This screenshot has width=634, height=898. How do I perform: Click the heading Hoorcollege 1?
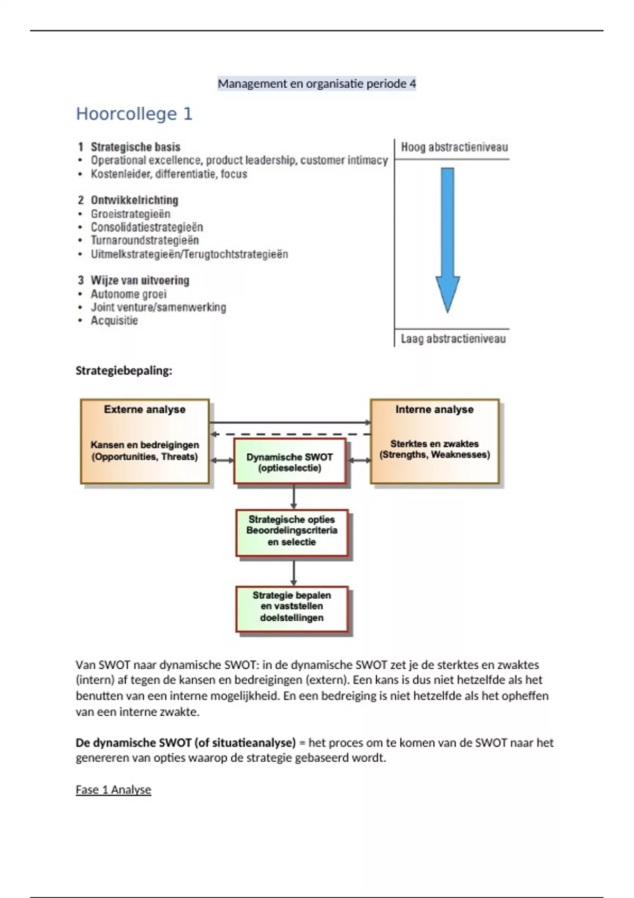click(x=134, y=114)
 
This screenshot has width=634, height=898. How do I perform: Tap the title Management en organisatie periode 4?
click(x=316, y=83)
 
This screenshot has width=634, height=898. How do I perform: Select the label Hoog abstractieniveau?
click(x=454, y=147)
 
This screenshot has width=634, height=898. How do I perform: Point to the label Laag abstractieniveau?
click(x=453, y=339)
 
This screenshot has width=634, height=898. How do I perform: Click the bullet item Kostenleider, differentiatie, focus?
click(x=169, y=174)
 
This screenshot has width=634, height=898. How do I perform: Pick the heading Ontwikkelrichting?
click(x=134, y=200)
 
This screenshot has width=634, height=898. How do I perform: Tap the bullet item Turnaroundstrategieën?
click(x=145, y=240)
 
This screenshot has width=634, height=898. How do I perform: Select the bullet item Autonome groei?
click(x=128, y=294)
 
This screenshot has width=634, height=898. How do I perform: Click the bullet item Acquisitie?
click(x=114, y=321)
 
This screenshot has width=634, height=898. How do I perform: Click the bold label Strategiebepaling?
click(x=124, y=371)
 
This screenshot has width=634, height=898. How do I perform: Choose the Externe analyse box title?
click(x=145, y=409)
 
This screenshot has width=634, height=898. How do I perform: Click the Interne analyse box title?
click(x=434, y=409)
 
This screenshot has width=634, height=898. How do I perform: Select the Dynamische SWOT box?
click(x=290, y=462)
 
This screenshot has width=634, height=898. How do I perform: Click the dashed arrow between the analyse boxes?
click(x=291, y=434)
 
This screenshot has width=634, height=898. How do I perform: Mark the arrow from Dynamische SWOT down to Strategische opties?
click(x=294, y=497)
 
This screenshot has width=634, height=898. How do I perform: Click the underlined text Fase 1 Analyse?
click(x=113, y=790)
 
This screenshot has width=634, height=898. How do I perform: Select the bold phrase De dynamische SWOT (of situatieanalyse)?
click(x=185, y=743)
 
